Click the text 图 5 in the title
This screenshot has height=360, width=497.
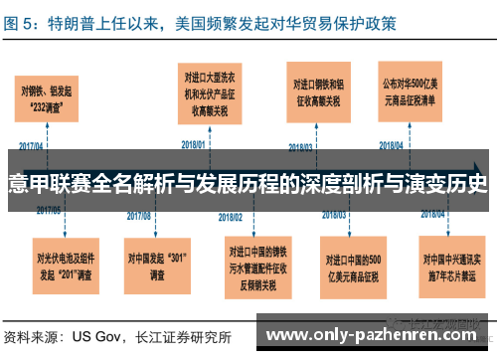22,21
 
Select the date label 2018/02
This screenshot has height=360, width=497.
231,215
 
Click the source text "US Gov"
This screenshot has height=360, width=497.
97,336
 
